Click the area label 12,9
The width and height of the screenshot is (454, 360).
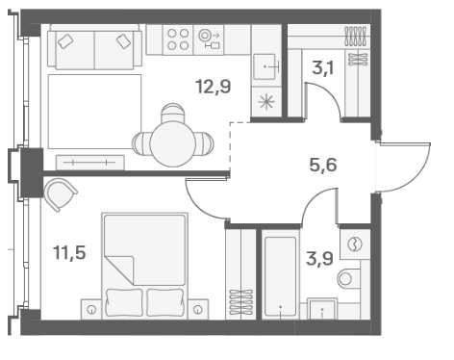tap(214, 87)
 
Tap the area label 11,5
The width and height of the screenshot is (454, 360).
tap(69, 252)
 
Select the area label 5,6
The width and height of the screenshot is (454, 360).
tap(323, 166)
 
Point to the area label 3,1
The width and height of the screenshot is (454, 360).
tap(323, 68)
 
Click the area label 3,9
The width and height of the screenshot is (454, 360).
tap(319, 259)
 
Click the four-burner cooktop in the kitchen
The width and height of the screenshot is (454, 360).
tap(178, 39)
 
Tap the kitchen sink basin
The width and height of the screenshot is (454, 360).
tap(265, 66)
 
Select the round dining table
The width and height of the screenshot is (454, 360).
tap(173, 143)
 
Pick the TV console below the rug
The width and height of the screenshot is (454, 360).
tap(90, 163)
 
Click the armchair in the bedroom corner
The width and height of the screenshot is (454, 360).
tap(60, 194)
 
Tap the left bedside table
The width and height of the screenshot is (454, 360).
tap(91, 309)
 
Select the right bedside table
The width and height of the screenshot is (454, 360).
tap(198, 309)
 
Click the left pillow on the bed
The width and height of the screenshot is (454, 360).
tap(124, 302)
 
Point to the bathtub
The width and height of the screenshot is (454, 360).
tap(281, 277)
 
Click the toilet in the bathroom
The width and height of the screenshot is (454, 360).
tap(349, 279)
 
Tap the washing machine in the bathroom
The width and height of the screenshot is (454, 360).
tap(355, 244)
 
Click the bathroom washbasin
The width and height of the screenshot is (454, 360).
tap(322, 309)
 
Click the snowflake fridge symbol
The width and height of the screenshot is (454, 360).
tap(266, 102)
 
